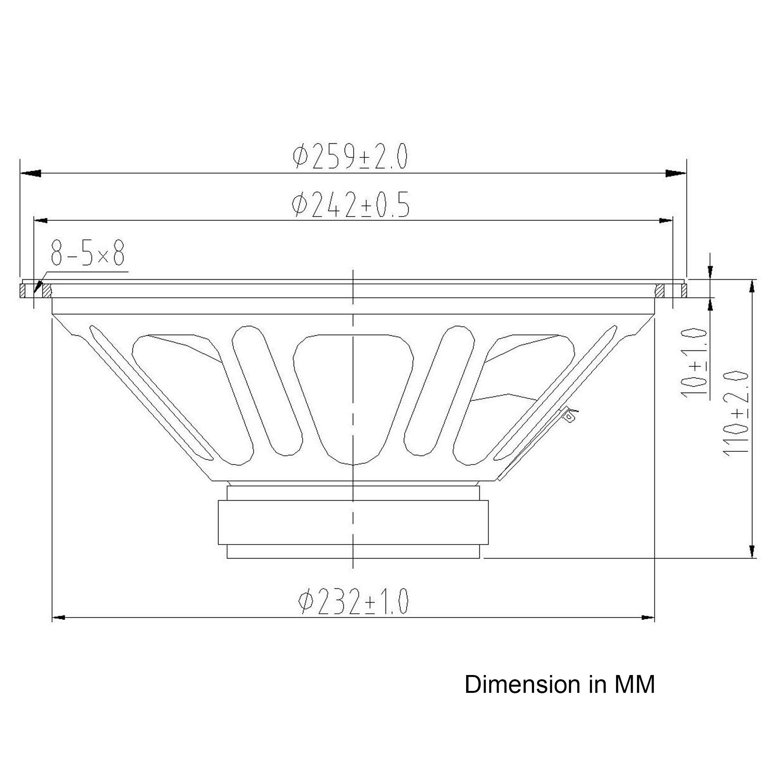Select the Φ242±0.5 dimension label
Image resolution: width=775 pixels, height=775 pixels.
[x=351, y=205]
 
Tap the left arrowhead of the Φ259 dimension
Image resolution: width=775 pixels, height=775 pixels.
[x=31, y=173]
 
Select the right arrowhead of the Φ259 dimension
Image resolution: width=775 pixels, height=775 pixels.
[x=676, y=173]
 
